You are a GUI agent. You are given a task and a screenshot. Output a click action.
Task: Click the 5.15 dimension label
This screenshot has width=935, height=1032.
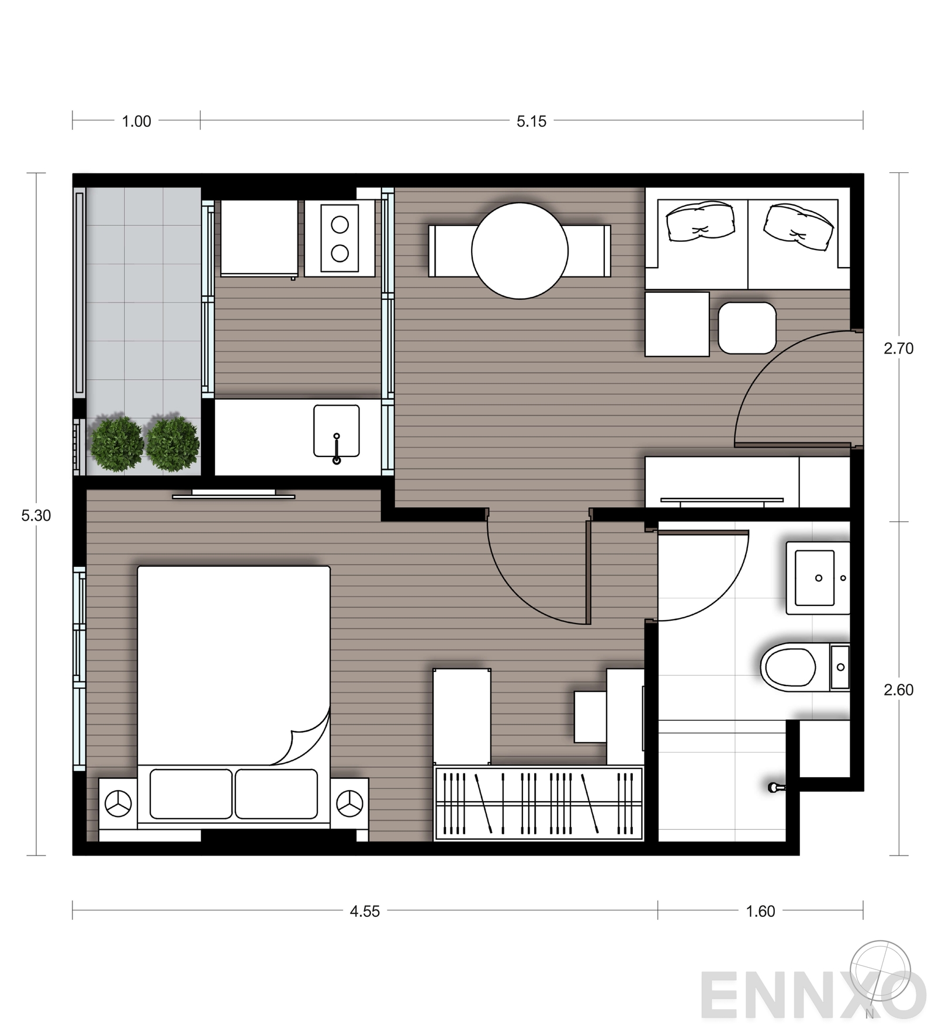531,122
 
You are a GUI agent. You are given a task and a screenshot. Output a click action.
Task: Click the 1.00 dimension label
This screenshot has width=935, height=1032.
136,122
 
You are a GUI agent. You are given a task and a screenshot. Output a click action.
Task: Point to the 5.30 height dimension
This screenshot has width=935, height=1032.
36,515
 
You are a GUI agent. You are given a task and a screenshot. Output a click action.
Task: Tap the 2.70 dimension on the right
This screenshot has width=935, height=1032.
898,348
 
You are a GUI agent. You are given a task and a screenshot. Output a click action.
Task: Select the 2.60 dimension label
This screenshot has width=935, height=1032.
898,690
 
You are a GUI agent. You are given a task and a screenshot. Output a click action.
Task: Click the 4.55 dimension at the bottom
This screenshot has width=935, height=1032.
365,911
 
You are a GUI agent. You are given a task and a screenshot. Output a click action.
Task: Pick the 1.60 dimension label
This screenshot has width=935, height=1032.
760,911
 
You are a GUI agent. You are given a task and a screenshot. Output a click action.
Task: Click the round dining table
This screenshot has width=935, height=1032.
520,251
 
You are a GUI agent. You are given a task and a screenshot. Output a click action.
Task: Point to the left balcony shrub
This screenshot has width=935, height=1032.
117,444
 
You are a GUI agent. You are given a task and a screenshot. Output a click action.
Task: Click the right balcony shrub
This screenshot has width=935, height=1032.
172,444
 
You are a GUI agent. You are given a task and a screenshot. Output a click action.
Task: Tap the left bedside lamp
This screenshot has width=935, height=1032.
118,804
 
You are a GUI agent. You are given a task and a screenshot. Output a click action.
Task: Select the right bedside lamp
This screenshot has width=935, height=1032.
349,804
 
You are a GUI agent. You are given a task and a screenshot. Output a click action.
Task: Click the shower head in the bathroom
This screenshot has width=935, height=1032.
776,787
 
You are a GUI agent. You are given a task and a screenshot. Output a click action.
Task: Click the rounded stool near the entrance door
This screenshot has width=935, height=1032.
747,328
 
